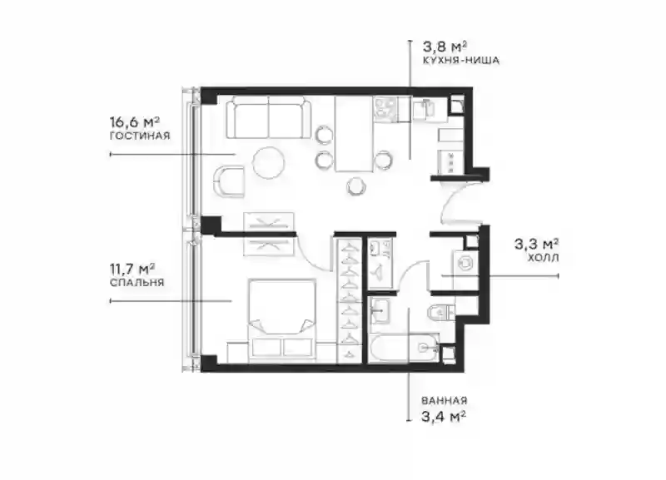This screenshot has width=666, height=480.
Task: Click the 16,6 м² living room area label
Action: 135,122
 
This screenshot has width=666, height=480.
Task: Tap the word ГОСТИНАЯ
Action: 140,136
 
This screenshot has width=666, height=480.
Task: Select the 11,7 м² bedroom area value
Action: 132,269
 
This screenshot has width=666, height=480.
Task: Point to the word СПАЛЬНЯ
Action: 137,283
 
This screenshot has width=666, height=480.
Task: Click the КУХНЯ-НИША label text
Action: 461,60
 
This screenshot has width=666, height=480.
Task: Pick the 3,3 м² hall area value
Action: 536,244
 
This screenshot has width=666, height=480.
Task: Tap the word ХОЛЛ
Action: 544,258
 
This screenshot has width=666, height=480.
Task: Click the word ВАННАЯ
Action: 445,401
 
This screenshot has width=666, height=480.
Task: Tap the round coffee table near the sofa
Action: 268,162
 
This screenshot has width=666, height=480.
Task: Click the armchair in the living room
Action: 227,181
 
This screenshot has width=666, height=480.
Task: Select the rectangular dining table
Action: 354,134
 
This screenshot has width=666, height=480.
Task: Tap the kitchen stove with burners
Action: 385,108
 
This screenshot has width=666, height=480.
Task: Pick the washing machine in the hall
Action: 466,263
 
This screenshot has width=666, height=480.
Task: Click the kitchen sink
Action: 423,109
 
